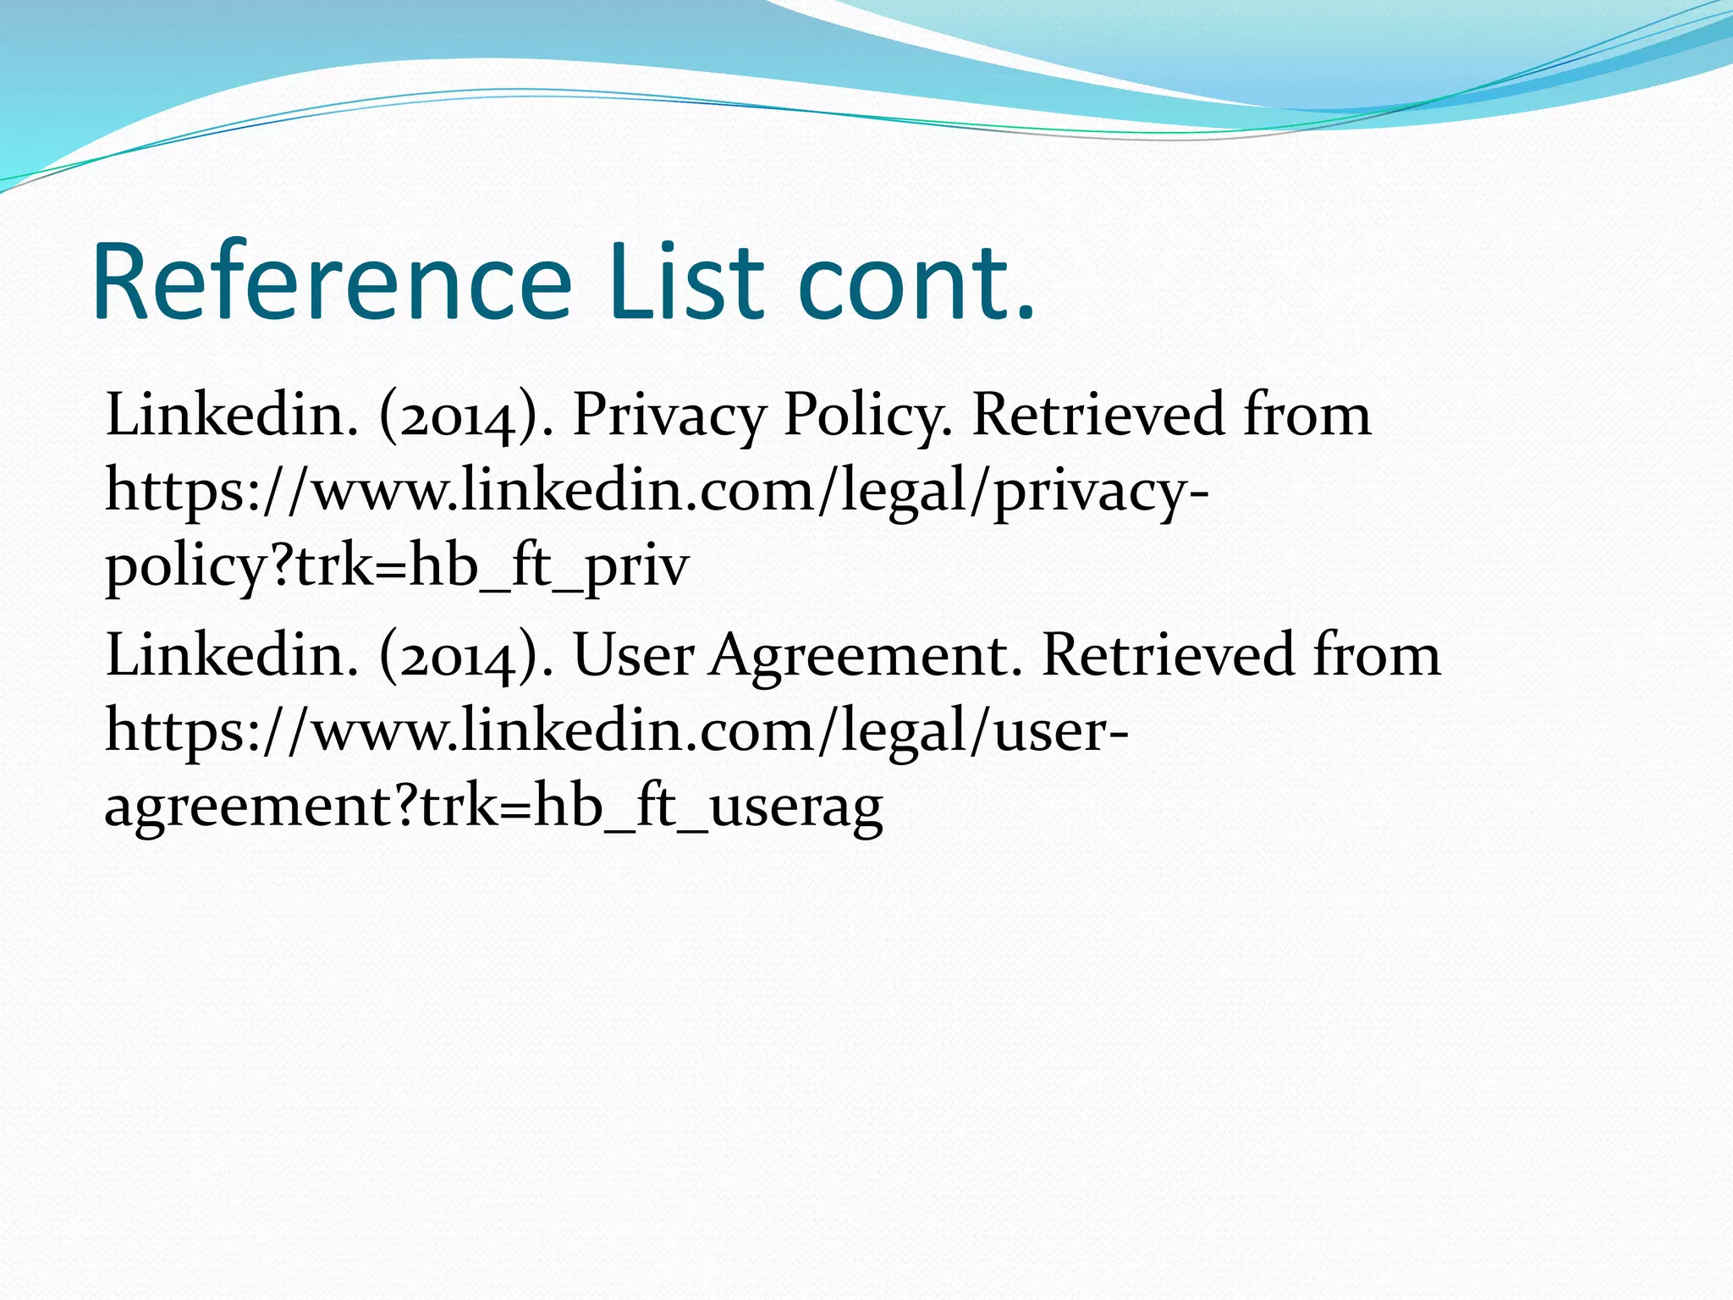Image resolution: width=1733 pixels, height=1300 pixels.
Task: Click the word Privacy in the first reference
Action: pyautogui.click(x=668, y=416)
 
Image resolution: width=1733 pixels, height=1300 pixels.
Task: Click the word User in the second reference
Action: pyautogui.click(x=633, y=656)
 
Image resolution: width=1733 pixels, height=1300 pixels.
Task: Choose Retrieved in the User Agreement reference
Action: pyautogui.click(x=1169, y=656)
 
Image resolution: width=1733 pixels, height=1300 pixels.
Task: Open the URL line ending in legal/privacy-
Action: pyautogui.click(x=657, y=491)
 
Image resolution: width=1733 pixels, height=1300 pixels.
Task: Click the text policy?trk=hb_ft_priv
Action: pyautogui.click(x=397, y=566)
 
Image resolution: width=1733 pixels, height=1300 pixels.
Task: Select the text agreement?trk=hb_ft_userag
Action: pyautogui.click(x=493, y=807)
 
